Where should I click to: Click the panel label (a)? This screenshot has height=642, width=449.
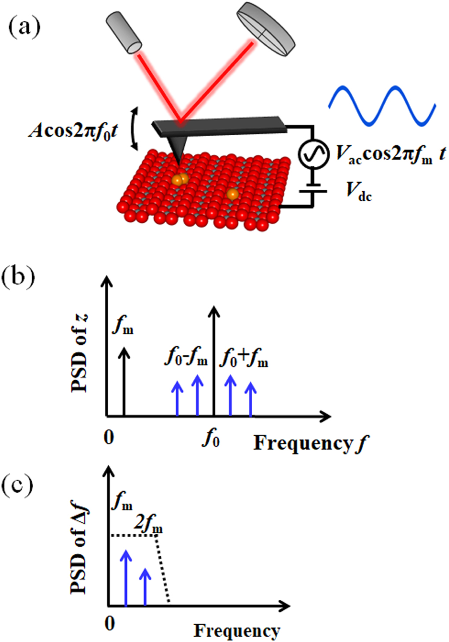tap(24, 27)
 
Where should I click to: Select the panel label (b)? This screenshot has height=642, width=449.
tap(18, 277)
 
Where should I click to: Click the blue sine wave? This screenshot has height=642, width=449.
tap(382, 105)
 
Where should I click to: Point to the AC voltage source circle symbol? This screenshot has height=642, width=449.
tap(313, 153)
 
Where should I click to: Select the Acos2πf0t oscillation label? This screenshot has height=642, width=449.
tap(73, 131)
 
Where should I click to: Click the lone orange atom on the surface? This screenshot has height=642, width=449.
tap(233, 194)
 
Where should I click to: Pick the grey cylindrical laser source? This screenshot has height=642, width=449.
tap(124, 33)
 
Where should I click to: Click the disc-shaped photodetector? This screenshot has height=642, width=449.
tap(265, 29)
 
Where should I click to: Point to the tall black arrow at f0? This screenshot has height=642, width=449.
tap(214, 361)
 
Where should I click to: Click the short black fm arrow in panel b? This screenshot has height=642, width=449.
tap(125, 381)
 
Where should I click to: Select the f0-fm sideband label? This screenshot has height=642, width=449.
tap(186, 358)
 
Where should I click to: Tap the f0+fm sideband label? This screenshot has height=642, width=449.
tap(244, 358)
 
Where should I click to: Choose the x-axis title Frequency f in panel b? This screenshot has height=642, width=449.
tap(310, 443)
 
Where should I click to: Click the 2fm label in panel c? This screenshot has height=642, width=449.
tap(148, 524)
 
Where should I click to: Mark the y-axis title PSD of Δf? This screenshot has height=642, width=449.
tap(80, 550)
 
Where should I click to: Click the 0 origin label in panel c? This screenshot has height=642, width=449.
tap(110, 623)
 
